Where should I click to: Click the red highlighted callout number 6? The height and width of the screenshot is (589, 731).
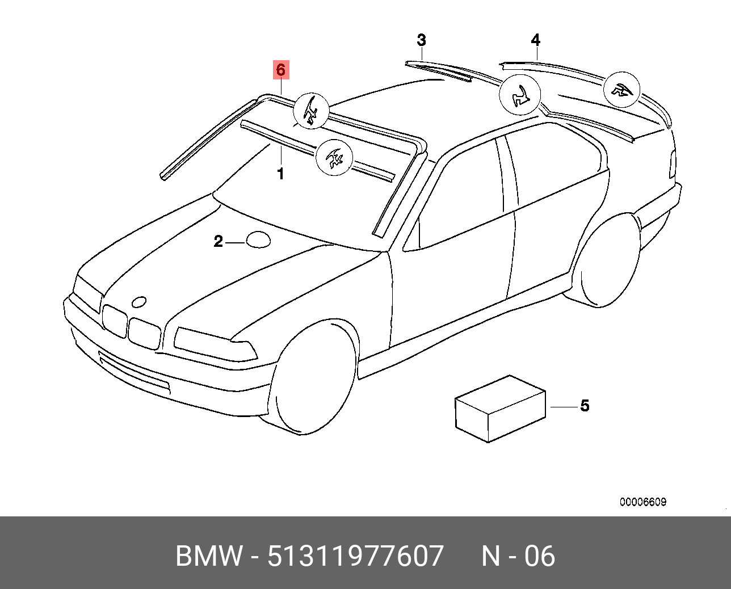point(280,70)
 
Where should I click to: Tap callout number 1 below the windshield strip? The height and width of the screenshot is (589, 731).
point(280,174)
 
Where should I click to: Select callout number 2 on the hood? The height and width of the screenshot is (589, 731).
point(218,242)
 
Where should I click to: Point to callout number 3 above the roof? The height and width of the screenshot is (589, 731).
point(421,40)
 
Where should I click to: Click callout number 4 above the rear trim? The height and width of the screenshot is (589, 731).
point(535,40)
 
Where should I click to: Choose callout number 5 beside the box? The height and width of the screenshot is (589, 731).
point(585,406)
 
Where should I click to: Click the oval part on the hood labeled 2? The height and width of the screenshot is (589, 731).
point(258,239)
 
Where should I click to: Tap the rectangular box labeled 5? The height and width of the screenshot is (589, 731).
point(499,409)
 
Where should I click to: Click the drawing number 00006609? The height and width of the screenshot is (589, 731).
point(642,502)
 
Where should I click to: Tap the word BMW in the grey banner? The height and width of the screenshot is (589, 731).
point(209,556)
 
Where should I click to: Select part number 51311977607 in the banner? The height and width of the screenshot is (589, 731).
point(355,556)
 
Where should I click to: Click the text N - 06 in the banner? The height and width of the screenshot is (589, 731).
point(518,556)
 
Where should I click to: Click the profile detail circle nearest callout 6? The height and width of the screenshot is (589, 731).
point(312,110)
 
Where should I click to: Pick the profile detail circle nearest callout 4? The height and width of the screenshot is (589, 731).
point(621,90)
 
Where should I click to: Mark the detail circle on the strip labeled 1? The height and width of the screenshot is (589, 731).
point(334,157)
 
